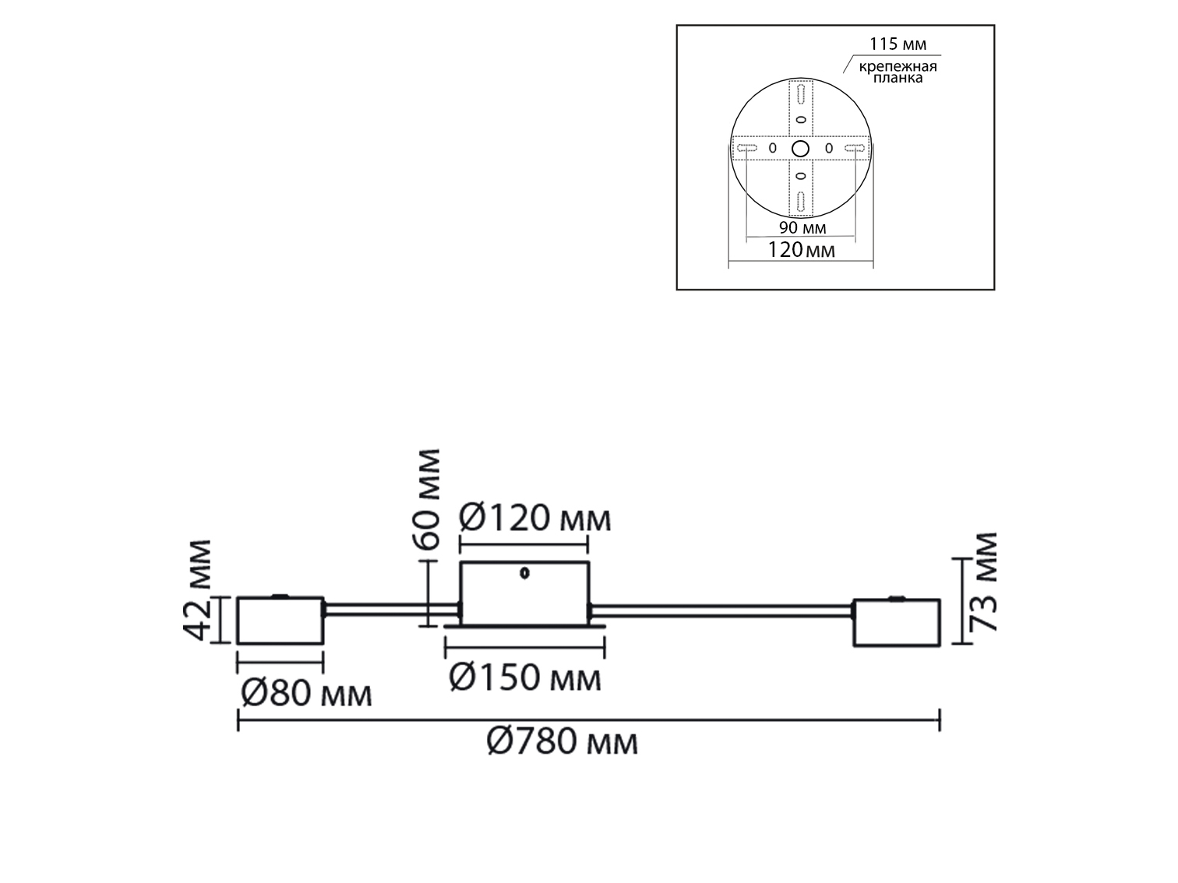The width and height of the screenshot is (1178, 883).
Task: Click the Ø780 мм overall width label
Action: [563, 742]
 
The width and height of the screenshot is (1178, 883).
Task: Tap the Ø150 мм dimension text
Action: [525, 677]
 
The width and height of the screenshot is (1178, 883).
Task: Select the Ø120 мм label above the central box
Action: [534, 518]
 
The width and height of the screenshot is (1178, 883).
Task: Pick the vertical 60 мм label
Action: [427, 500]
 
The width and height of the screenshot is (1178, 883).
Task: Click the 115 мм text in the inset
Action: [898, 44]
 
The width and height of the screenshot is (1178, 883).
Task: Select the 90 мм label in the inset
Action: [802, 228]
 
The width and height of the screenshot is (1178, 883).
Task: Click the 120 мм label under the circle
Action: [801, 250]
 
